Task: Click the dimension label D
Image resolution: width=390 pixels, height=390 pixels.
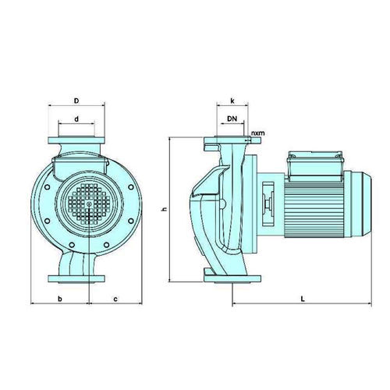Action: tap(76, 101)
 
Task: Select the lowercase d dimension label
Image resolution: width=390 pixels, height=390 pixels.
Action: tap(76, 119)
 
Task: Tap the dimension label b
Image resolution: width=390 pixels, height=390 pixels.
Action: tap(60, 299)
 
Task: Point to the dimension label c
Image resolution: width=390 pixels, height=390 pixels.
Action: tap(115, 300)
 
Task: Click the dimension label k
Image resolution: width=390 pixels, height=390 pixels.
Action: tap(232, 101)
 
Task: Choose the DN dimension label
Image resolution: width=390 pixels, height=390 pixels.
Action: tap(232, 119)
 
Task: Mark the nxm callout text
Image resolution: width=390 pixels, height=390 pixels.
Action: tap(258, 133)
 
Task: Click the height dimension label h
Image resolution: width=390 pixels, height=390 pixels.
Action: tap(164, 209)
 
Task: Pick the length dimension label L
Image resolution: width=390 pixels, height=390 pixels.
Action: tap(303, 299)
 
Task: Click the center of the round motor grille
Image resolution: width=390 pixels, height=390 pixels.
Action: tap(89, 204)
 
